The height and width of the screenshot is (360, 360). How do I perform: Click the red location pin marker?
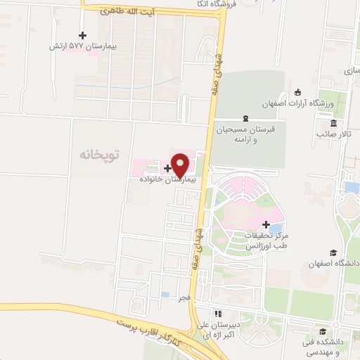pos(180,165)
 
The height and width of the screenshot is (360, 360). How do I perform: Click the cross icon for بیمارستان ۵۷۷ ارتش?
pos(82,35)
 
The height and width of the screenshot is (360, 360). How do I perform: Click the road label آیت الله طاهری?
pos(122,12)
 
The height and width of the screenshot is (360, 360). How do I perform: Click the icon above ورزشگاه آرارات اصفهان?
pos(298,91)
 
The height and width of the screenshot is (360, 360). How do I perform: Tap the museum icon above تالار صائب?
pos(333,123)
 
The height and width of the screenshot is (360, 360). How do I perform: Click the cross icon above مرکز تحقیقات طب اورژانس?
pos(265,224)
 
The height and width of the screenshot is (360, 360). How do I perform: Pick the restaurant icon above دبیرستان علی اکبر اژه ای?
pos(218,314)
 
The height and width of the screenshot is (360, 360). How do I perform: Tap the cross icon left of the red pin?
pos(167,168)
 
